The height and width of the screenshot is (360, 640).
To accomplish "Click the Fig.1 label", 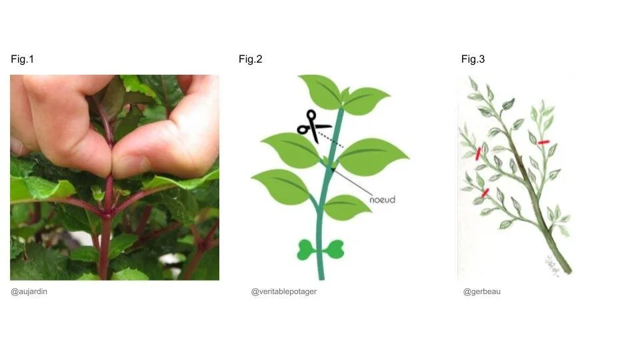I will click(x=22, y=59).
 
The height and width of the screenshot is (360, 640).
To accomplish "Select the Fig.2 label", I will click(x=251, y=59).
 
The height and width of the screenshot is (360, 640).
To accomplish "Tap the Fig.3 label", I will click(x=473, y=59).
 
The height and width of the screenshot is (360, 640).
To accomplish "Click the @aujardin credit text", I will click(x=29, y=291).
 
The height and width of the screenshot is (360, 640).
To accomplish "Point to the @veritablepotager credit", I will click(x=283, y=291).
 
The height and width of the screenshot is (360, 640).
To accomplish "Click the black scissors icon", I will click(x=310, y=125).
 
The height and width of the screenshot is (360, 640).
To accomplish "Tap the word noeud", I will click(x=382, y=199).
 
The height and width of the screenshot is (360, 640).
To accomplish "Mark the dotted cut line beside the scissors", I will click(x=331, y=139).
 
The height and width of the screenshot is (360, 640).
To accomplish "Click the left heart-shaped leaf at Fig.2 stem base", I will click(x=307, y=250).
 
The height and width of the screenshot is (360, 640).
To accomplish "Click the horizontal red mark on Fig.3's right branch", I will click(x=543, y=142).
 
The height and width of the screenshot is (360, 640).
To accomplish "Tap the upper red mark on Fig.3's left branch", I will click(x=478, y=153).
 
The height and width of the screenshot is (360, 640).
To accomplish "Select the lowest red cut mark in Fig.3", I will click(x=485, y=192).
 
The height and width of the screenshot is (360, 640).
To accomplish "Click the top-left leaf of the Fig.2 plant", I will click(x=321, y=91).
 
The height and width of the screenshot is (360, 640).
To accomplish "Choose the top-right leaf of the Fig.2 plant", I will click(x=366, y=100).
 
